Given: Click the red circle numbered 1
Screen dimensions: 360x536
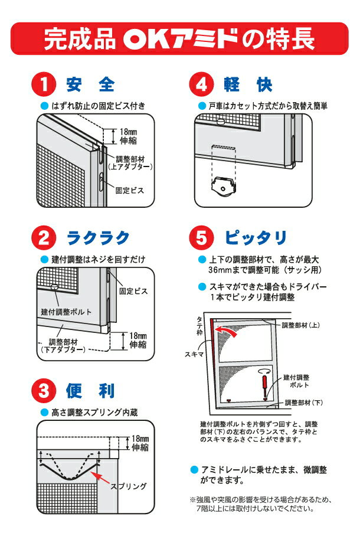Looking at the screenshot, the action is pos(44,84).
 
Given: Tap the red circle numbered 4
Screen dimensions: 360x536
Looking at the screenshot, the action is pos(201,84).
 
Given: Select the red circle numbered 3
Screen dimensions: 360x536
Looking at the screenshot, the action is pos(44,390).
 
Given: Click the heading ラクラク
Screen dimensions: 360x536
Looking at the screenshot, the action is pos(99,238).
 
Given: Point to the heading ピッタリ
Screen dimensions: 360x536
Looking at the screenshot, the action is pos(256,237).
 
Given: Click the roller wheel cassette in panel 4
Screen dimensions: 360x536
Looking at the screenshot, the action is pos(224,187).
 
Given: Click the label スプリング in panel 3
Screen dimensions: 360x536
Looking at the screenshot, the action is pos(129,486).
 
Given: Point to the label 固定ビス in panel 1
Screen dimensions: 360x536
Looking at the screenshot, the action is pos(130,191).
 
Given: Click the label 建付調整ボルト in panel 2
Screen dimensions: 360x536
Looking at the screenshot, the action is pos(66,312).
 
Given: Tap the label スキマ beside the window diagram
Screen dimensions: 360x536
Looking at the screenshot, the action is pos(194,355).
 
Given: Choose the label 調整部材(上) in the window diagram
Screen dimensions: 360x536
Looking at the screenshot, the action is pos(301,325).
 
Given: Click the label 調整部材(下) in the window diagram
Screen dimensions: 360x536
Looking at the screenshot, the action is pos(304,403).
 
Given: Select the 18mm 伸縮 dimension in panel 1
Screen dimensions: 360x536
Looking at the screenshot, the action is pos(128,136).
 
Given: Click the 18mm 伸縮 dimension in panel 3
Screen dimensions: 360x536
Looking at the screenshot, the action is pos(140,443).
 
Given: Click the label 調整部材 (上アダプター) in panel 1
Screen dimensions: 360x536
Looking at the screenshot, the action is pos(130,163).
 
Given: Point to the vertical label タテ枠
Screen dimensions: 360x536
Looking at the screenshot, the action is pos(199,325).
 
